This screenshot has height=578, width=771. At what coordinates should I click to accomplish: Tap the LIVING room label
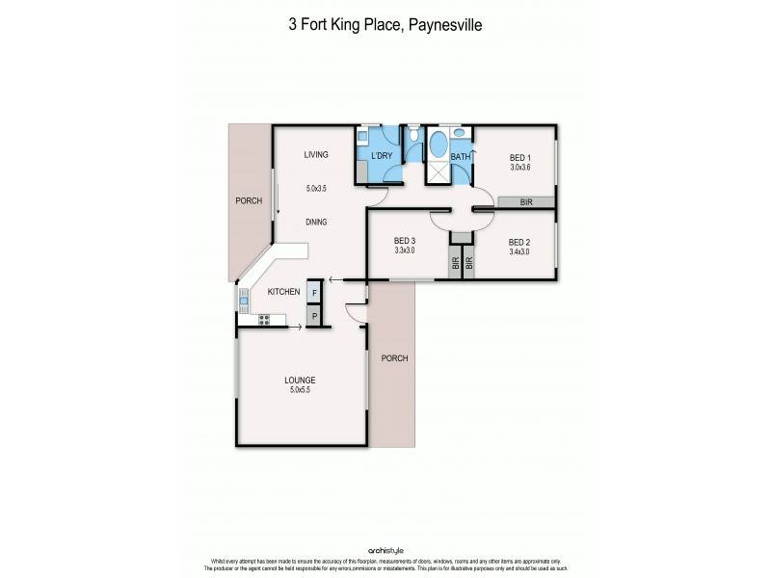coord(317,154)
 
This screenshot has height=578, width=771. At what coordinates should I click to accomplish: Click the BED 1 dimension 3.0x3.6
coord(520,167)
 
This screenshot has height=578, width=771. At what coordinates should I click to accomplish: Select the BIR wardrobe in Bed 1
coord(526,202)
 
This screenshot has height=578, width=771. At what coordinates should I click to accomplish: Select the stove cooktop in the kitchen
coord(263,320)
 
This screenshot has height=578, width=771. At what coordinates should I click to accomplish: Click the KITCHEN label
coord(284,291)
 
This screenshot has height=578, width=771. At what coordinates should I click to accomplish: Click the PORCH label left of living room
coord(249,201)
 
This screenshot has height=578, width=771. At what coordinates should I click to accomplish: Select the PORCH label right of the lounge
coord(394,358)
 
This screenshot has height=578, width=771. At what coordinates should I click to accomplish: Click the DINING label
coord(316,222)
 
